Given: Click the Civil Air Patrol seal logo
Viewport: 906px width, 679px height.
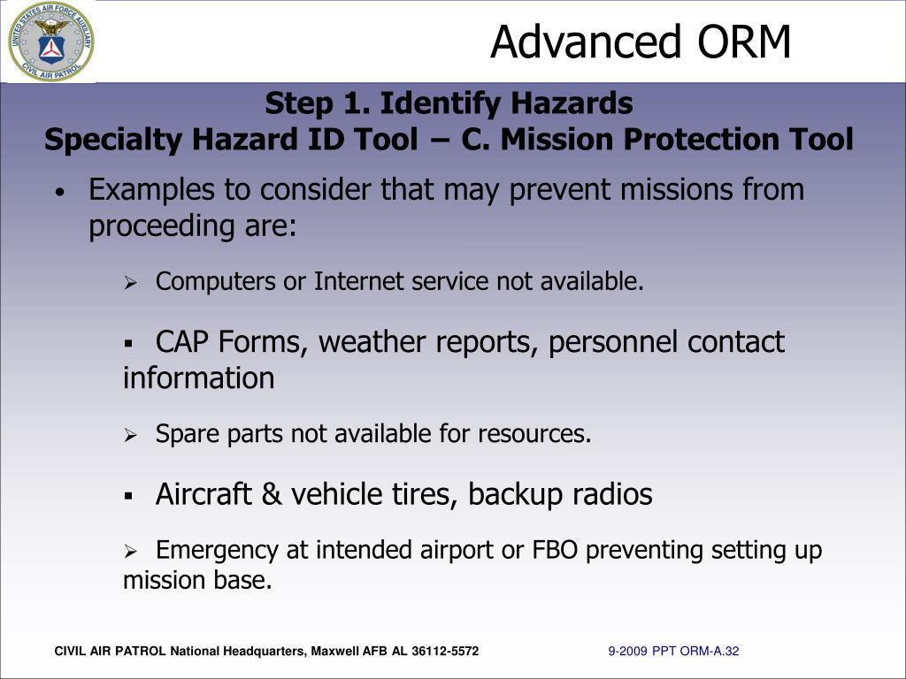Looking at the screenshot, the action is [x=50, y=42].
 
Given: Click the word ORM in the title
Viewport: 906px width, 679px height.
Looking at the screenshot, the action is [x=744, y=42].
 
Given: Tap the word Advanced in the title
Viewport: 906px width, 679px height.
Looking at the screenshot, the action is [x=586, y=42].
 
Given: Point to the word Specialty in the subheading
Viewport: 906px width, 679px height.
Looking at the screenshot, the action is [x=112, y=141].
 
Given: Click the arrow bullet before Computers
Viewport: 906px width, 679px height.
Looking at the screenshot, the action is [x=130, y=283].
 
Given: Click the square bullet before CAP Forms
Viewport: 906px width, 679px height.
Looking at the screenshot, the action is [x=128, y=344].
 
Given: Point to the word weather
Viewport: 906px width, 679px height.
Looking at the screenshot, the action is [x=372, y=342].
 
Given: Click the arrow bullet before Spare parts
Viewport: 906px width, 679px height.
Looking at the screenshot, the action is [x=130, y=435].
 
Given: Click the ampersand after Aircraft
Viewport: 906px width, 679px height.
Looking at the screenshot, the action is [x=273, y=494].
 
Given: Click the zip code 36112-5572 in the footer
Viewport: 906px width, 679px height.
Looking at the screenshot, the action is [x=445, y=652].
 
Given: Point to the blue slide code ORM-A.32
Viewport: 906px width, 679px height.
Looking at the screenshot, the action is [x=710, y=652].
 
